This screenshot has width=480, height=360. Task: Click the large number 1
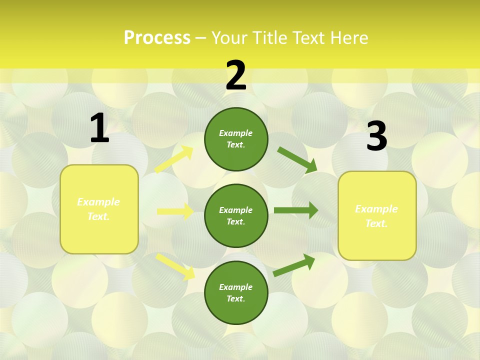[99, 128]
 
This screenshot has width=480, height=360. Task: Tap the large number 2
[236, 75]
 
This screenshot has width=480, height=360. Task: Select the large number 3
[376, 136]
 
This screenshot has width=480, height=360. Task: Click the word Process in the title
[157, 37]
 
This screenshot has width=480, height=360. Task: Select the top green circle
[236, 139]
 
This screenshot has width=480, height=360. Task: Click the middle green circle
[236, 215]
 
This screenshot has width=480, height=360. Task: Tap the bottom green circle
[236, 292]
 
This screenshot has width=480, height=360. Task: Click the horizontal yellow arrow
[175, 211]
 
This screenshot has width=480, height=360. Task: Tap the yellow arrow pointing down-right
[175, 266]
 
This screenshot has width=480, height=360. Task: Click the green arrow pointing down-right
[297, 159]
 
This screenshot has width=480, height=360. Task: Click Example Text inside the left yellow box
[98, 209]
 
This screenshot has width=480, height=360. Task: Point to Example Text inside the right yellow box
[376, 216]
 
